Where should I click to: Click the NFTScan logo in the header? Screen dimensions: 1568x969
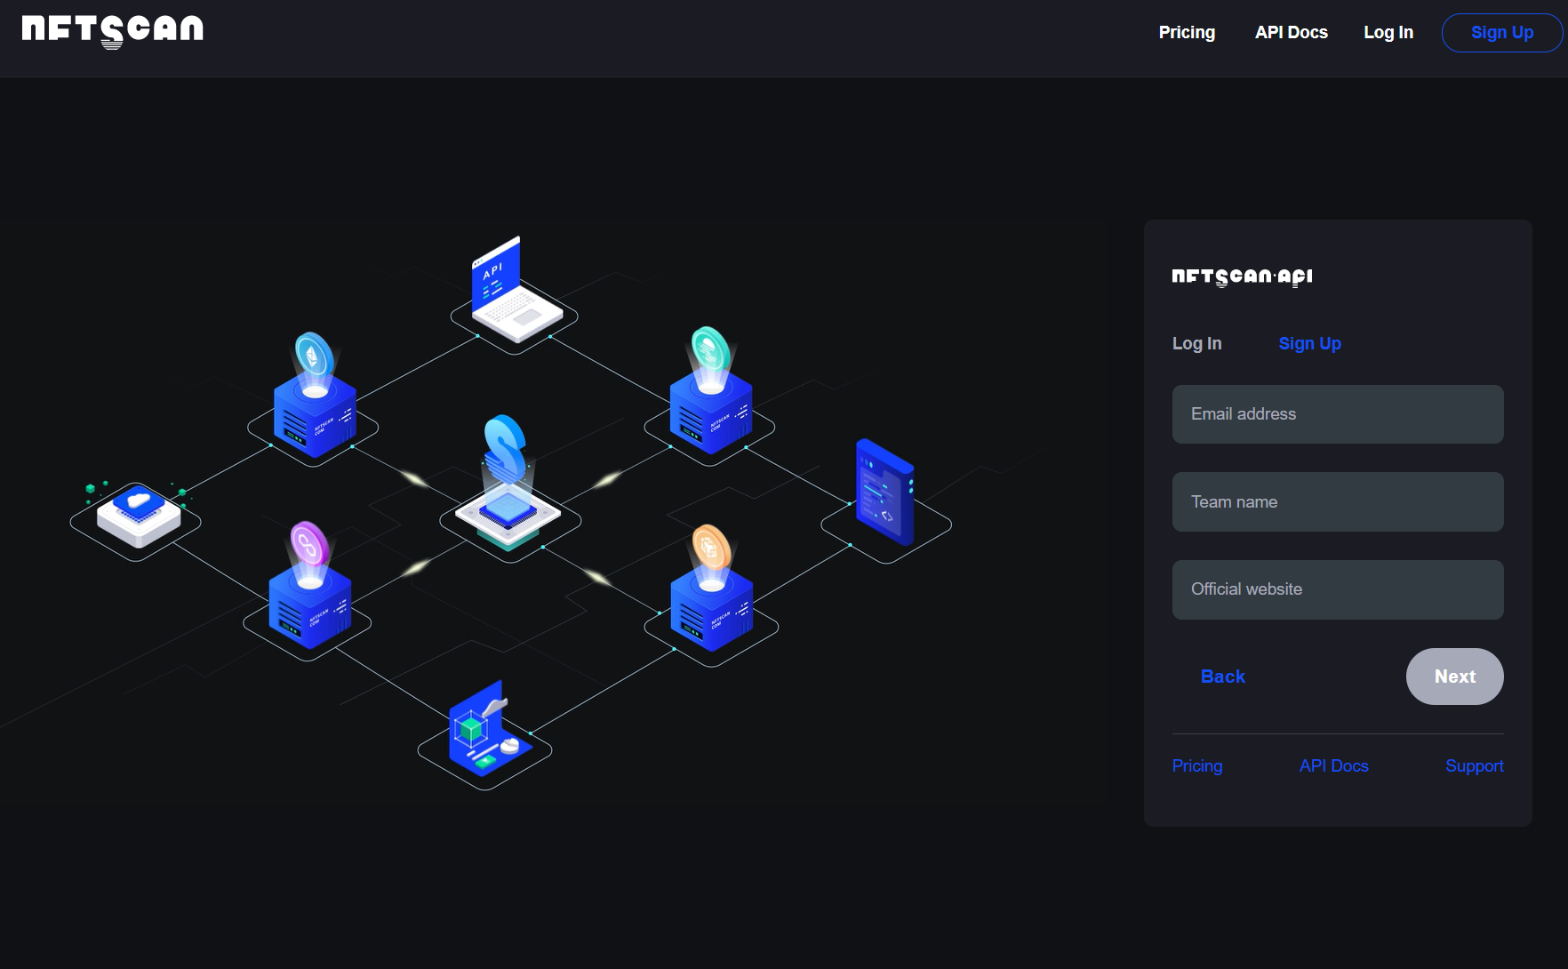(x=113, y=30)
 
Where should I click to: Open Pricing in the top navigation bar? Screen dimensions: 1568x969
(x=1187, y=33)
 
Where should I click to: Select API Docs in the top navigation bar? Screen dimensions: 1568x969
(x=1291, y=33)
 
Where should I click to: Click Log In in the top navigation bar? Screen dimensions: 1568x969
(x=1388, y=33)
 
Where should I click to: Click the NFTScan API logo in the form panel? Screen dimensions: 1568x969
(x=1242, y=277)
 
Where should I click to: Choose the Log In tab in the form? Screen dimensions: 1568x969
(x=1196, y=344)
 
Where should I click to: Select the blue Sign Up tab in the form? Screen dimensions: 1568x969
(x=1309, y=344)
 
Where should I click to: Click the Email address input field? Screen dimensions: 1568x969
(x=1337, y=414)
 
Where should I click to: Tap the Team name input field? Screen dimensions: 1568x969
(x=1337, y=502)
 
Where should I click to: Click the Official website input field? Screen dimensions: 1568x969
(x=1337, y=589)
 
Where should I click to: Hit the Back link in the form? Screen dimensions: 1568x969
(x=1222, y=677)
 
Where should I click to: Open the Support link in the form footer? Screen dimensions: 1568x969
(x=1474, y=766)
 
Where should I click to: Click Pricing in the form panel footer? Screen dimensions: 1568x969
(x=1196, y=766)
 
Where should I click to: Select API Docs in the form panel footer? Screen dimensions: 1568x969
(x=1333, y=766)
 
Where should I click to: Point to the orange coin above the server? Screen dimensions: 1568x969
(x=710, y=547)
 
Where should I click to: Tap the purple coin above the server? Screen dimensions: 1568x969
(x=308, y=543)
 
